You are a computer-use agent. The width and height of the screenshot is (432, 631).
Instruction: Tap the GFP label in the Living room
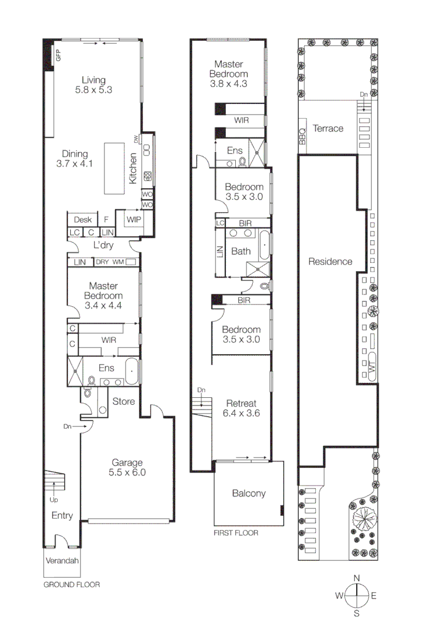[58, 56]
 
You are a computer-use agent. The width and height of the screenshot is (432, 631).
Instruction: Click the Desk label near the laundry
[83, 220]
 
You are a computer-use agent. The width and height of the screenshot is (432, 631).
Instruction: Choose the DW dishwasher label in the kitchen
[136, 139]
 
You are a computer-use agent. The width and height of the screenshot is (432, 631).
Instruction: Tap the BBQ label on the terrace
[302, 137]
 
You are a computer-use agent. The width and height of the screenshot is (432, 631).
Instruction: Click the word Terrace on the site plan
[328, 129]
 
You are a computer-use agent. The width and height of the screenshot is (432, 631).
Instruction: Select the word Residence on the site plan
[330, 262]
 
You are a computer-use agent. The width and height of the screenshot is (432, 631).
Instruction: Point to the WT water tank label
[371, 366]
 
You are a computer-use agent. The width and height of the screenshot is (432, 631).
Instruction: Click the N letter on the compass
[356, 578]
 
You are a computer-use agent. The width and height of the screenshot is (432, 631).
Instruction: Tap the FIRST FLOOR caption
[236, 533]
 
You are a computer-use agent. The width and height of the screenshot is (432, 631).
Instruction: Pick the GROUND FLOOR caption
[72, 584]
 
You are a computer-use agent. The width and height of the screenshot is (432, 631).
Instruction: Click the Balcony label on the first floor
[249, 493]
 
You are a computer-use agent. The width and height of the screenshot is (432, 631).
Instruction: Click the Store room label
[124, 401]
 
